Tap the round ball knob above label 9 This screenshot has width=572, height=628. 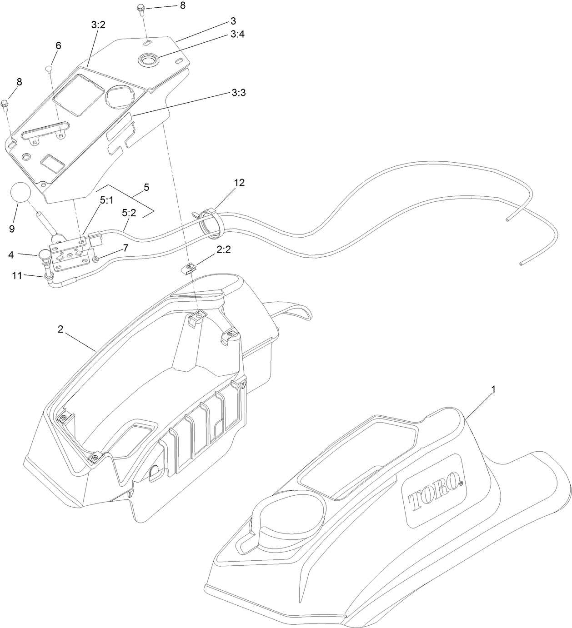click(21, 193)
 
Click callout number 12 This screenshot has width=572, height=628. click(239, 183)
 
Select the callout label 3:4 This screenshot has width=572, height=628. click(237, 34)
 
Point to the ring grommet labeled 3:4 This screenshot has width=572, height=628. click(149, 60)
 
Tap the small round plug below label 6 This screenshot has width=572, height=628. click(49, 68)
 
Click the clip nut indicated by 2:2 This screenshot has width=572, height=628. click(188, 268)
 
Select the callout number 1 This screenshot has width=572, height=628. click(493, 390)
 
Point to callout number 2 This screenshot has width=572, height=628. click(60, 329)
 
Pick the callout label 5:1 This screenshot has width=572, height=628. click(106, 201)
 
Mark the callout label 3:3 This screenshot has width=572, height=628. click(239, 93)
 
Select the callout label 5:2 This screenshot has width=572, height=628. click(129, 213)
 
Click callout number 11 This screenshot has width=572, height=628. click(17, 275)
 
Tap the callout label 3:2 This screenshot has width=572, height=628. click(98, 25)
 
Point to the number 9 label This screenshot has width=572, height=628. click(12, 229)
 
